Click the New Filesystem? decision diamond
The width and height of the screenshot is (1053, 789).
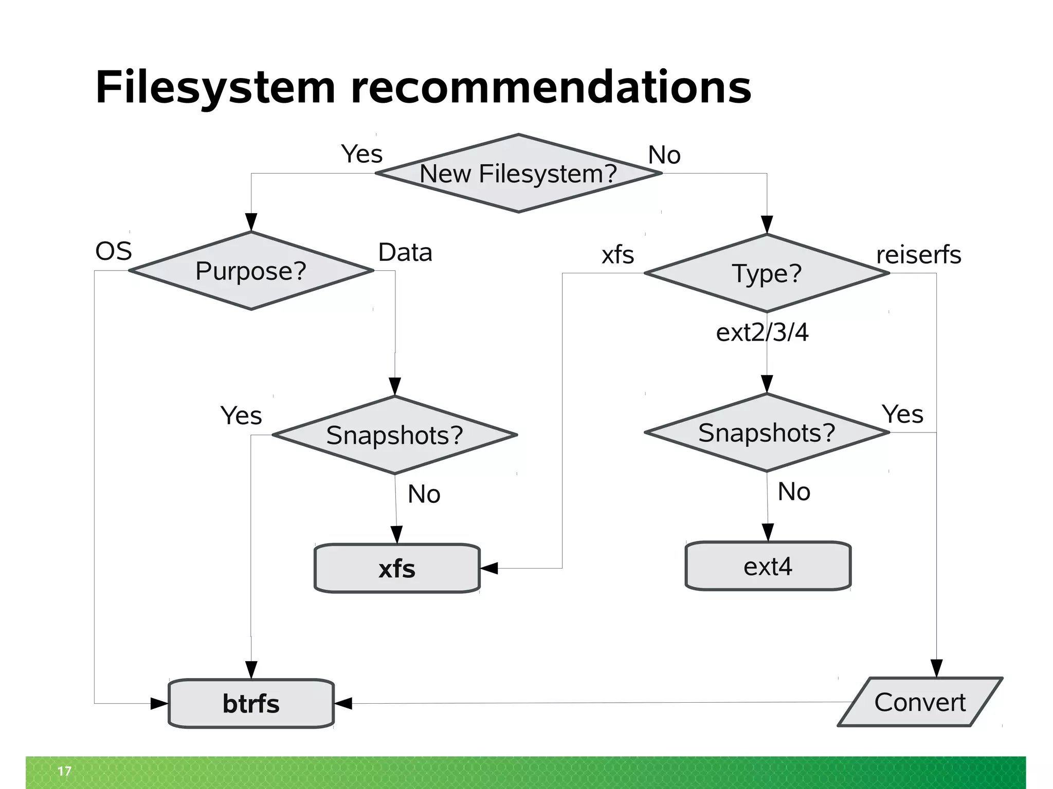click(518, 173)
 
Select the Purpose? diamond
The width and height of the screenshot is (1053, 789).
click(251, 271)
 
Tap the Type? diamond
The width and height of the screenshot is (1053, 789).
click(767, 273)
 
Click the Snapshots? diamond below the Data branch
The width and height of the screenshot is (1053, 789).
click(394, 435)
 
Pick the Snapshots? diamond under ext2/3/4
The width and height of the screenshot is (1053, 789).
click(767, 433)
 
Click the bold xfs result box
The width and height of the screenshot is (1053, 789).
click(397, 569)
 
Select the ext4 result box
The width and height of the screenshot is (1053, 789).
click(768, 566)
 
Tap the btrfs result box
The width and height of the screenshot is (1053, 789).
click(251, 703)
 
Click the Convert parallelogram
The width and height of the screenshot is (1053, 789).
click(920, 702)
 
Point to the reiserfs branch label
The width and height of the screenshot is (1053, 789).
click(918, 255)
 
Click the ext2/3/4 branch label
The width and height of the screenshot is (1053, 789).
click(762, 332)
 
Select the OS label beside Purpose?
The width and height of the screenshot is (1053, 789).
click(114, 251)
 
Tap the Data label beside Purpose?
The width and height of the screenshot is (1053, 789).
click(405, 252)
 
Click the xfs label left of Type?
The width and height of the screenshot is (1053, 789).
click(618, 255)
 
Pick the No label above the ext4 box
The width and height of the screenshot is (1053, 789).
click(794, 492)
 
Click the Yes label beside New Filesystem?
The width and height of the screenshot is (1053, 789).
click(362, 154)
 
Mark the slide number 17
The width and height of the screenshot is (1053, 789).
click(64, 771)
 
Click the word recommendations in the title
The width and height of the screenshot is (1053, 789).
click(551, 87)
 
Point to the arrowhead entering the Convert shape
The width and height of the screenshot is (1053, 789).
click(936, 668)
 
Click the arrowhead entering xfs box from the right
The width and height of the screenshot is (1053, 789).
click(489, 568)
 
